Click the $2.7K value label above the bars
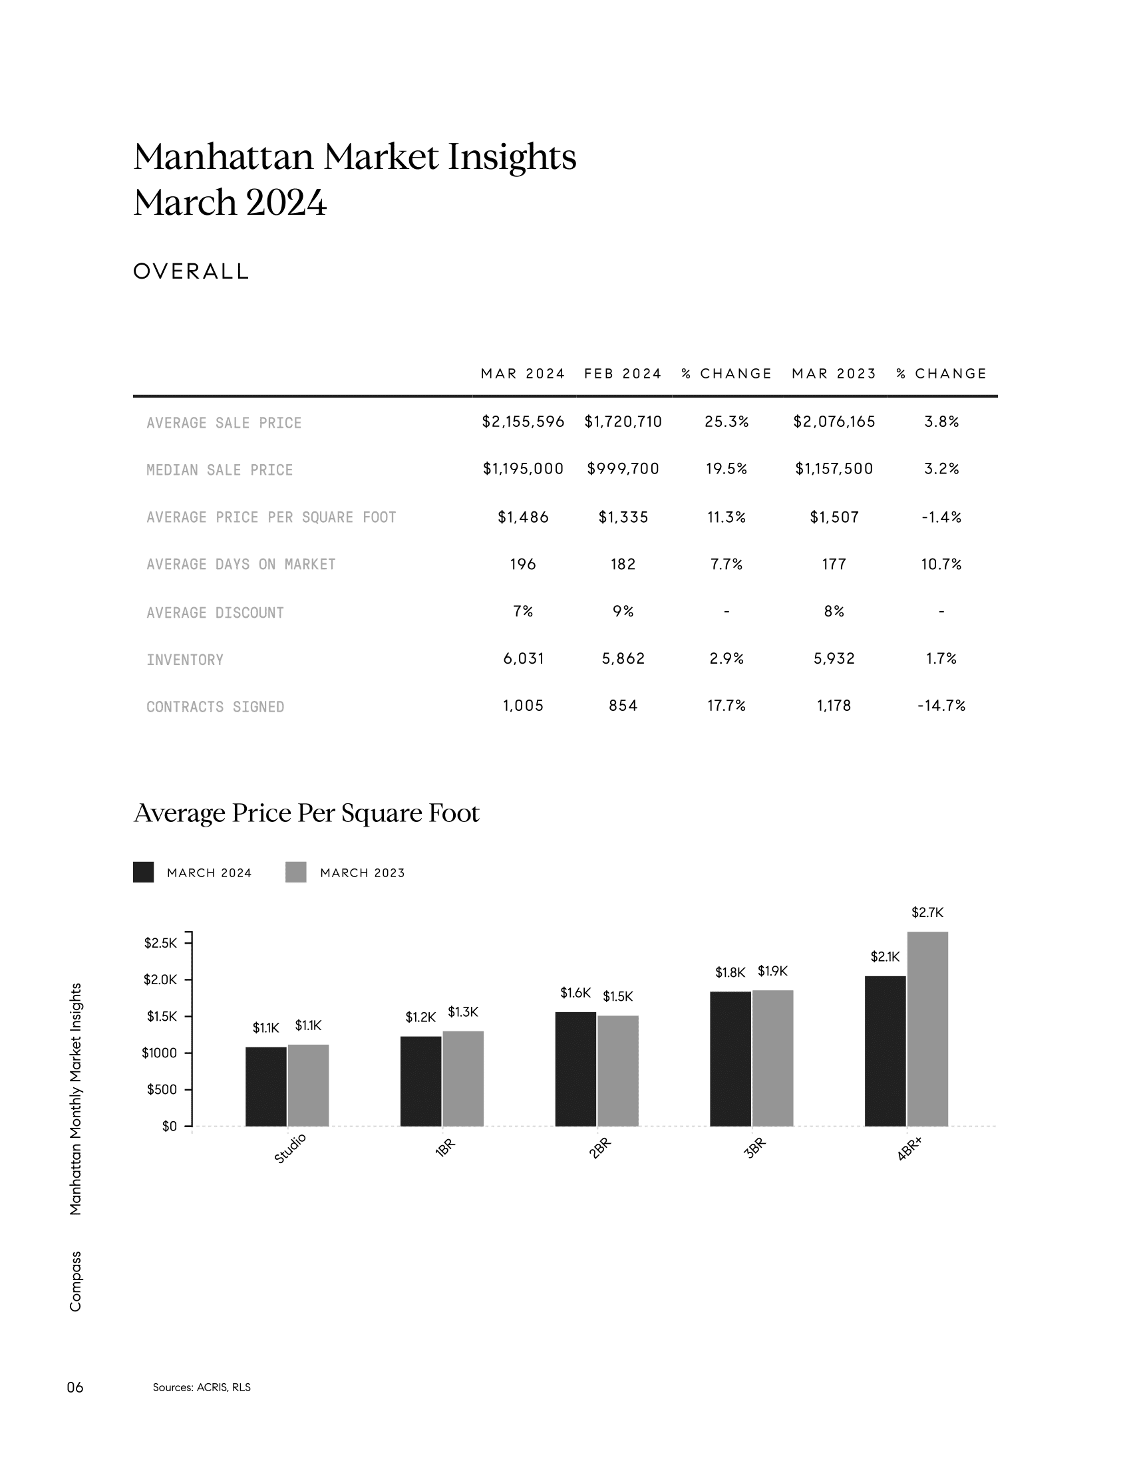click(x=927, y=912)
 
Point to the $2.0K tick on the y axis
click(x=160, y=980)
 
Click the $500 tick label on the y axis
click(x=162, y=1090)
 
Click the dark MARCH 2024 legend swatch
click(x=144, y=872)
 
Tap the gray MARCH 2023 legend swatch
click(x=295, y=872)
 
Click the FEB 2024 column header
click(x=623, y=374)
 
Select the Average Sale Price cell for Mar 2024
click(x=524, y=422)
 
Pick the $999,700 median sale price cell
click(x=623, y=469)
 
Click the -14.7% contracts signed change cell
click(x=941, y=706)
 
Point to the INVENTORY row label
click(x=185, y=660)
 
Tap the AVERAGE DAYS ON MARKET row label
click(x=242, y=565)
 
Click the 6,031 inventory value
click(x=524, y=658)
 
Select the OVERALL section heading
click(x=192, y=271)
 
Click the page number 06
click(x=75, y=1387)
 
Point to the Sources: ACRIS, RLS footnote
click(x=202, y=1387)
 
